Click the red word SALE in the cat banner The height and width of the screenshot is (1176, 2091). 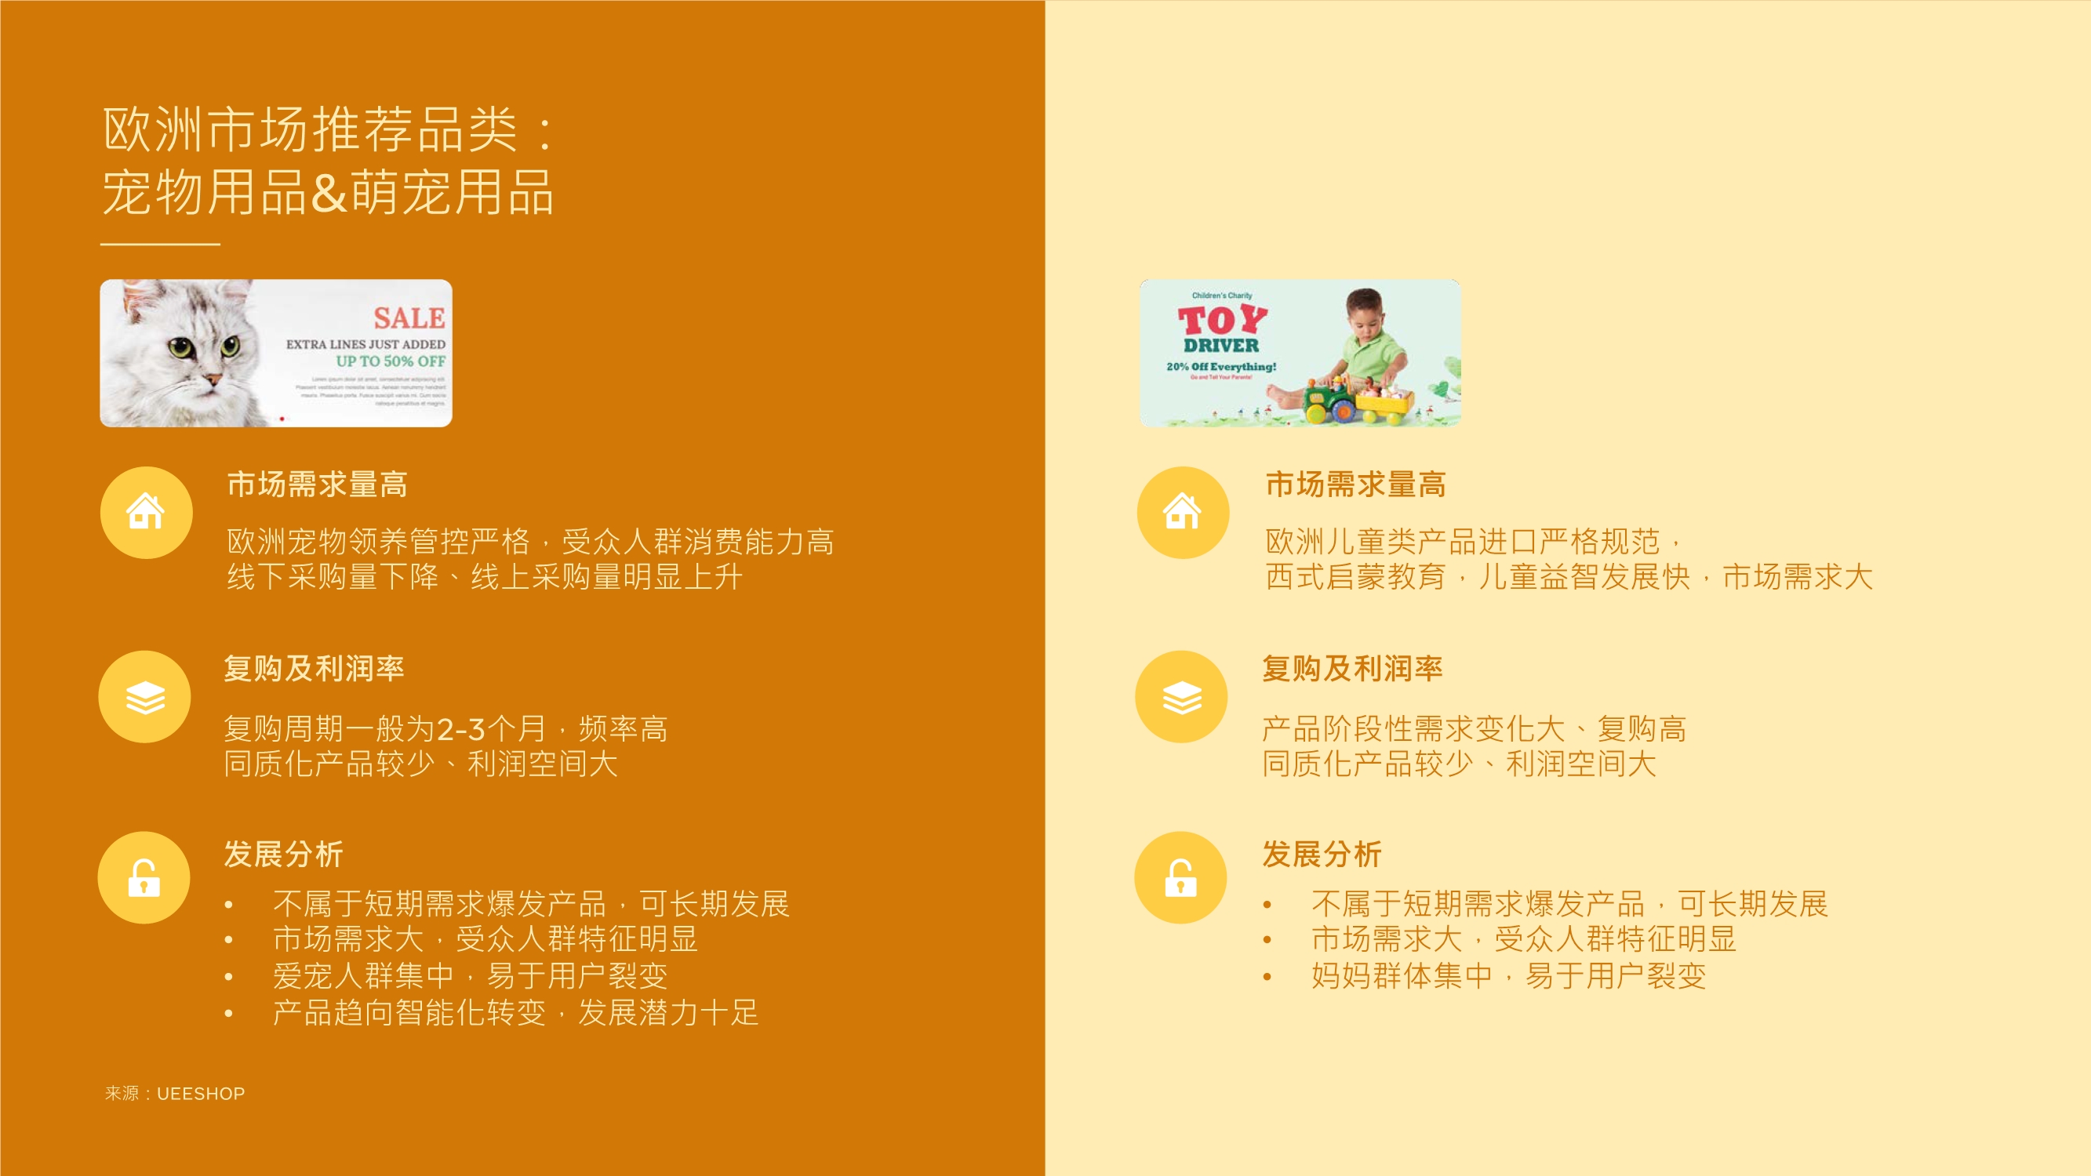(409, 318)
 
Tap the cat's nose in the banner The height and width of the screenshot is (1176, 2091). (212, 379)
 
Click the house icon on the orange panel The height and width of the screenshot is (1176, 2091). (146, 512)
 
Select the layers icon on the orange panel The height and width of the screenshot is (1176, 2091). (145, 697)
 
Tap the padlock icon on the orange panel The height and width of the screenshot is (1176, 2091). (144, 877)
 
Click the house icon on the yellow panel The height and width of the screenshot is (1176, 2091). (1183, 512)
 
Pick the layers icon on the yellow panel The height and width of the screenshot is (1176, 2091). (1182, 697)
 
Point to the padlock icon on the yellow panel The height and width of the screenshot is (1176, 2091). (1181, 877)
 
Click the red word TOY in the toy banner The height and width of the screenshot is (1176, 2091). (1222, 320)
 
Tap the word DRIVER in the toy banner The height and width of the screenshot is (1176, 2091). (1221, 346)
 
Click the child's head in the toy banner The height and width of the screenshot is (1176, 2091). (1366, 308)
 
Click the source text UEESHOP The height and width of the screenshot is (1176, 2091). (201, 1093)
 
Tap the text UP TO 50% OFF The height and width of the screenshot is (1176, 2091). (391, 361)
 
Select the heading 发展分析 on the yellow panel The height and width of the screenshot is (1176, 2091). (1322, 854)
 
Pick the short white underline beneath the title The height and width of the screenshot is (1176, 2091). (160, 244)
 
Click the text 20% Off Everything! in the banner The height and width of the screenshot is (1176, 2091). (1221, 367)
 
